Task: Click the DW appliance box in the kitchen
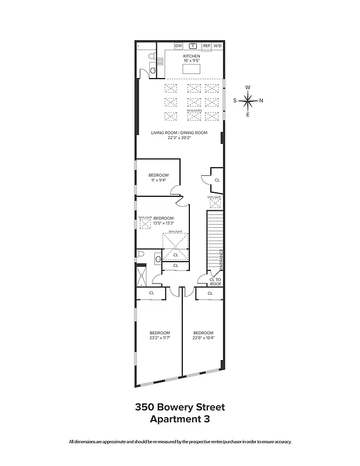click(x=178, y=45)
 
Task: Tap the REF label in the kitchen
click(x=206, y=45)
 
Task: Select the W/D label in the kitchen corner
click(x=217, y=45)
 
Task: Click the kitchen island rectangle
click(x=192, y=69)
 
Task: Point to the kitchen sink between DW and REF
click(x=192, y=45)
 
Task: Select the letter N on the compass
click(x=261, y=100)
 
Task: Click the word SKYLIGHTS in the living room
click(x=194, y=110)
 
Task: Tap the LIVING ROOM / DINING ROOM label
click(x=179, y=133)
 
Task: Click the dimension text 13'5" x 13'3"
click(x=163, y=223)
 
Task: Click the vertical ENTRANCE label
click(x=221, y=259)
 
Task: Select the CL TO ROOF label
click(x=215, y=282)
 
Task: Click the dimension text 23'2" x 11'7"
click(x=159, y=337)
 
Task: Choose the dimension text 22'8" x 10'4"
click(x=203, y=337)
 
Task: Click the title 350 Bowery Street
click(x=179, y=407)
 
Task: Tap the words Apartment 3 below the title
click(x=179, y=418)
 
